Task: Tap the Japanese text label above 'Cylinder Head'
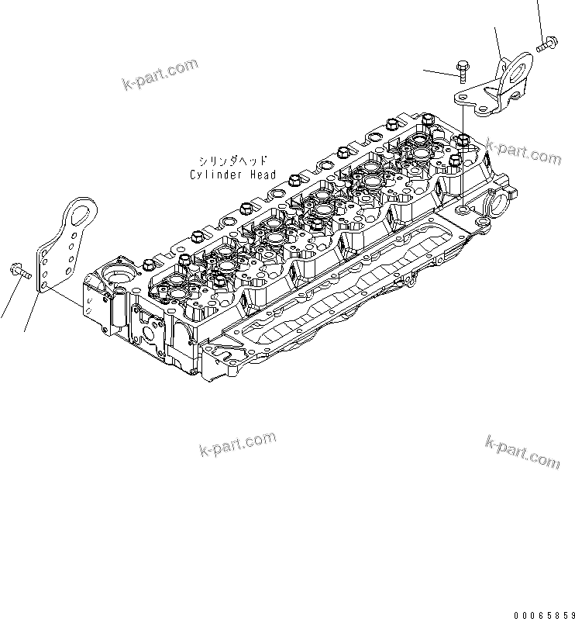(232, 162)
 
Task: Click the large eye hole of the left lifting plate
(77, 209)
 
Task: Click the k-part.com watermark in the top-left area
(160, 74)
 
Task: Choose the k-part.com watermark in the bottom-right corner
(522, 451)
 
